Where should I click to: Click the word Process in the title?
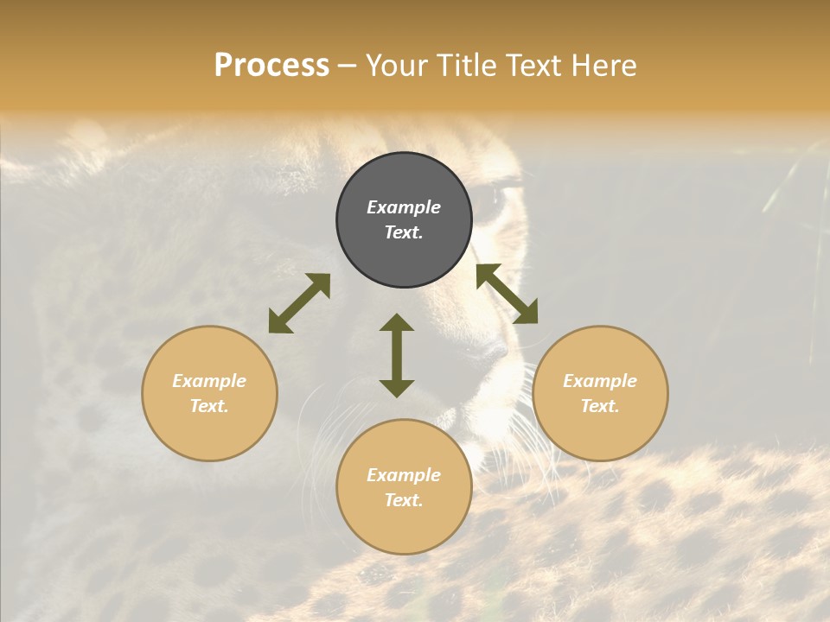tap(271, 66)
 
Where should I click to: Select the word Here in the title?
tap(603, 66)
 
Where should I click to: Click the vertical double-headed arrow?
tap(397, 355)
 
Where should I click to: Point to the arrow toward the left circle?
tap(299, 303)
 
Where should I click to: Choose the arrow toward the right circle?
tap(507, 294)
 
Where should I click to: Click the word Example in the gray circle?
tap(404, 207)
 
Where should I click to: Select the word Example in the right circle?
tap(600, 381)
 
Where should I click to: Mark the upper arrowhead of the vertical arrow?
tap(397, 322)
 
